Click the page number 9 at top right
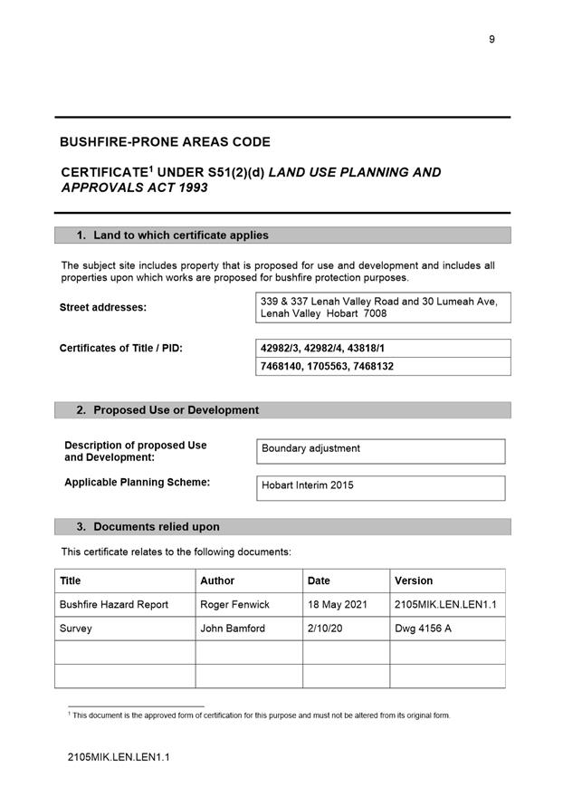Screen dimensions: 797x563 pos(491,39)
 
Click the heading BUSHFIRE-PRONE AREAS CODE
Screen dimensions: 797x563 pos(165,142)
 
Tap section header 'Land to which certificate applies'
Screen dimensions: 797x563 pos(181,235)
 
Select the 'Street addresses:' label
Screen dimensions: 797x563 pos(103,307)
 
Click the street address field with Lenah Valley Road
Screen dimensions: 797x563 pos(383,307)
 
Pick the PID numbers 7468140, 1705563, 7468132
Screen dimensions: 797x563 pos(327,367)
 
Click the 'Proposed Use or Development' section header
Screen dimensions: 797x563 pos(176,410)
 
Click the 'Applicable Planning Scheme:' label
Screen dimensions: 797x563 pos(137,483)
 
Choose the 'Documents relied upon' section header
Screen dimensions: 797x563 pos(156,527)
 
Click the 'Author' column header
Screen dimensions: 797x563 pos(217,581)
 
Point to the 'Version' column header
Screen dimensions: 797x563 pos(414,581)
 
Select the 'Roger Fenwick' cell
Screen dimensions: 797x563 pos(234,604)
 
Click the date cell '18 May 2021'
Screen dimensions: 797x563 pos(338,604)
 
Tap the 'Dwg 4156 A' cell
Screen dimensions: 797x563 pos(424,629)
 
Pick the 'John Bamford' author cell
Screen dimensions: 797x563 pos(233,629)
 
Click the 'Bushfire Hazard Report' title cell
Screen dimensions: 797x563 pos(114,604)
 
